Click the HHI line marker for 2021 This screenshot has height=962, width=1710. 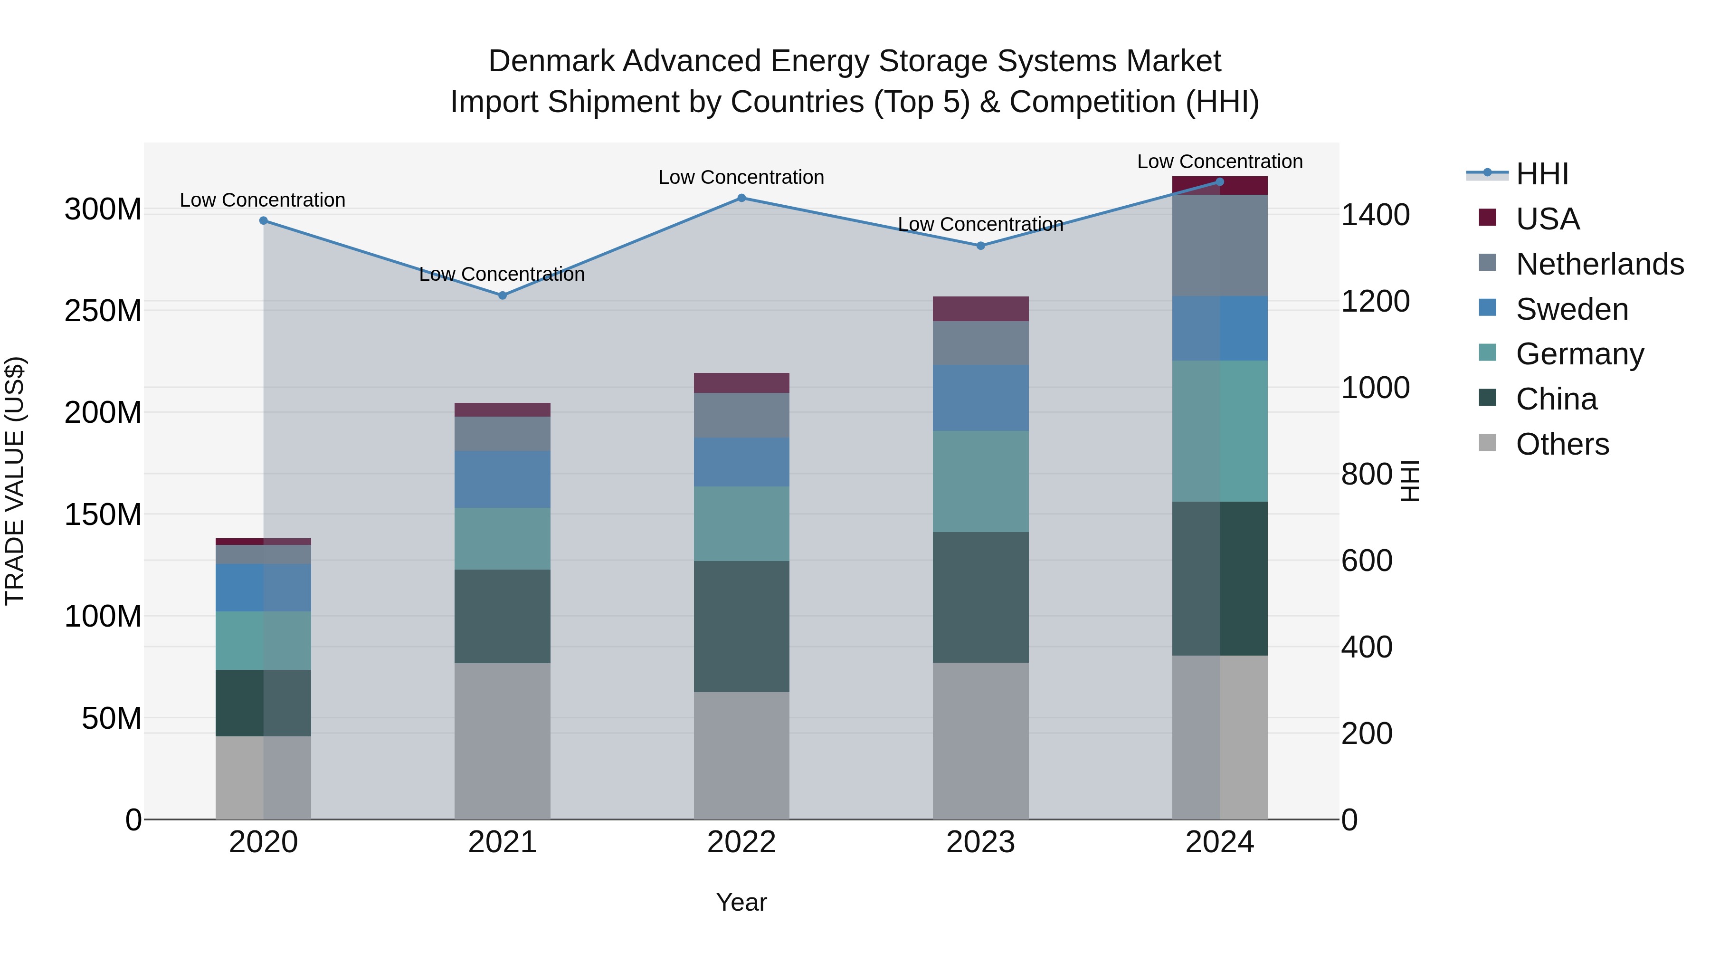503,295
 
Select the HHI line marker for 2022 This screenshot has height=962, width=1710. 741,198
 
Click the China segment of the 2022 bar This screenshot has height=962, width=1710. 741,626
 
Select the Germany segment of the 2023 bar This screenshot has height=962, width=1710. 980,481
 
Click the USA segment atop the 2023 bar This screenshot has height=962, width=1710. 980,309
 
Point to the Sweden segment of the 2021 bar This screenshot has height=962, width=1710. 503,479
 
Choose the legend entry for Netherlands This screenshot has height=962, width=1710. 1600,264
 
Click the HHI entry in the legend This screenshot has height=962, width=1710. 1542,174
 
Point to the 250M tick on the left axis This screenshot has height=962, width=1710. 103,311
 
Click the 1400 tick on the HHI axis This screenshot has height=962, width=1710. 1376,215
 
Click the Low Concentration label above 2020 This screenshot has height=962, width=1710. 262,200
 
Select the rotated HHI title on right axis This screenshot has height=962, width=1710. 1409,481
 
